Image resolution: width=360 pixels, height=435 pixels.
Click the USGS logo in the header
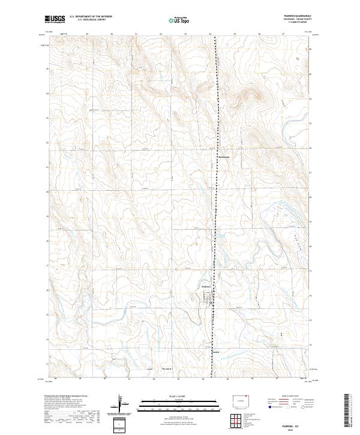point(55,20)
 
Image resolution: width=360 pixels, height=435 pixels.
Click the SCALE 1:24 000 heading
point(179,396)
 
